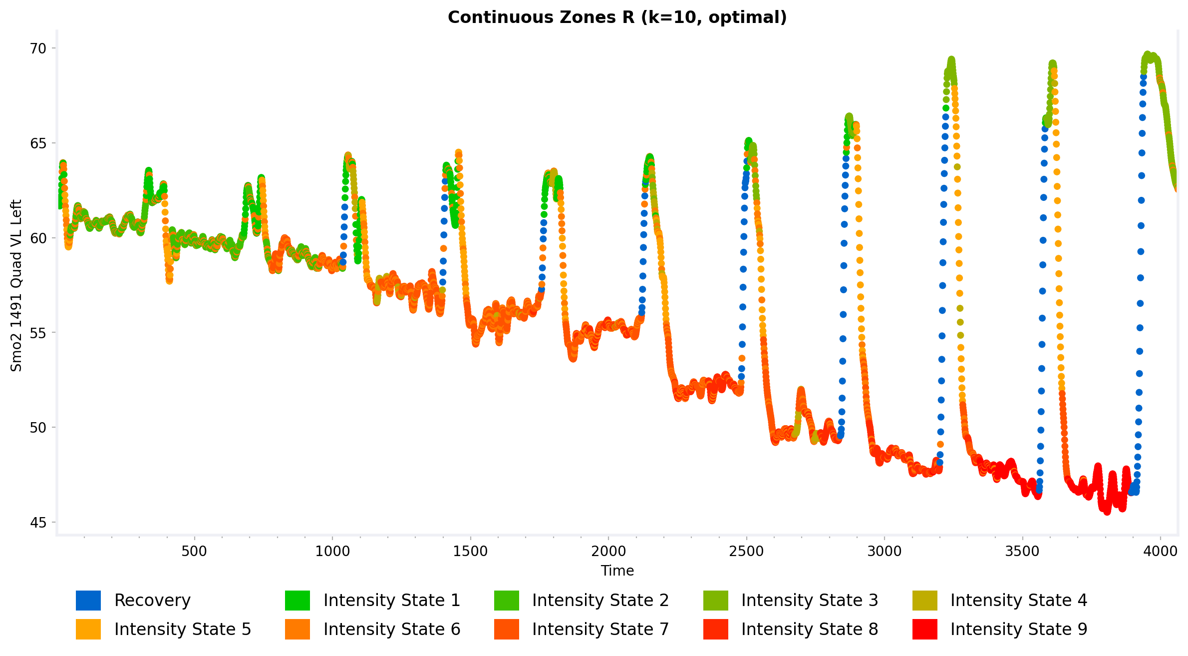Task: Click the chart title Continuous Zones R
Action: point(617,17)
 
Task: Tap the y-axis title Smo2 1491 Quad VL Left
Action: point(16,285)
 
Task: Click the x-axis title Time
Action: point(617,571)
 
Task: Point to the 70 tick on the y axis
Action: point(38,48)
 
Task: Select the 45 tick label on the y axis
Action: point(38,523)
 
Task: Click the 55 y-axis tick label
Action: point(38,333)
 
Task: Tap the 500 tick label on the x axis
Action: point(194,552)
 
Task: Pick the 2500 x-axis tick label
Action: point(746,552)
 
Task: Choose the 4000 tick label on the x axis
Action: point(1161,552)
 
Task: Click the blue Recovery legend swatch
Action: point(88,601)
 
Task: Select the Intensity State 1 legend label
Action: point(391,601)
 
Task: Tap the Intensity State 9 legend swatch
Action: point(924,630)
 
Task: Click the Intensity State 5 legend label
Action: point(183,630)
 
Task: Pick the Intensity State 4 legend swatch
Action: point(924,601)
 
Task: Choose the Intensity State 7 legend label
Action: point(600,630)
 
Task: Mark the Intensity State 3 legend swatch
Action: point(715,601)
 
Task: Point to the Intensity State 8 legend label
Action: point(810,630)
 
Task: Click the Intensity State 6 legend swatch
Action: point(297,630)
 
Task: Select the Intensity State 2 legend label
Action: point(600,601)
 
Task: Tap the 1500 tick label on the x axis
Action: point(470,552)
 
